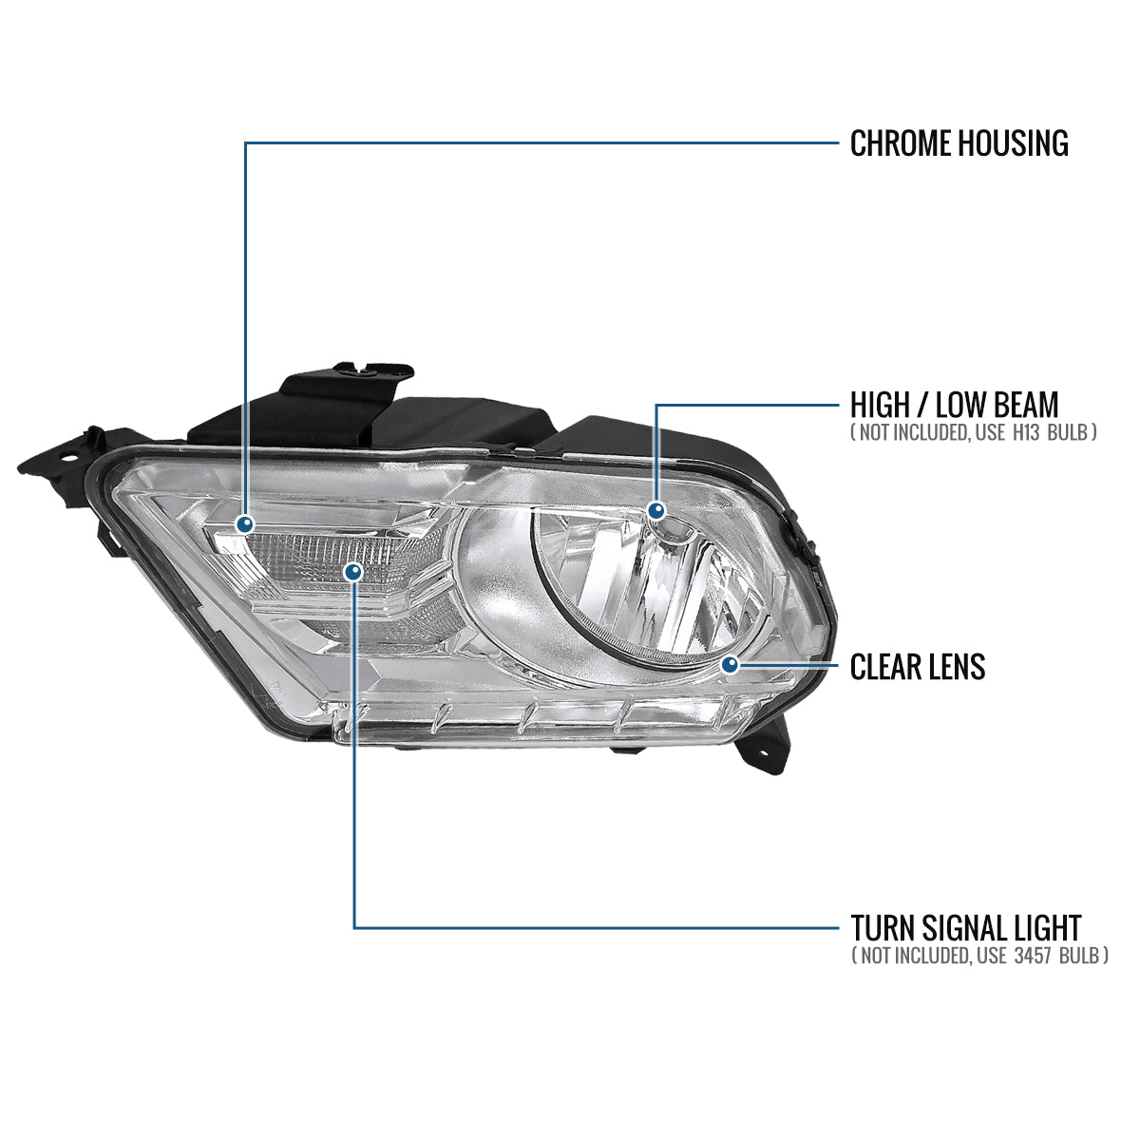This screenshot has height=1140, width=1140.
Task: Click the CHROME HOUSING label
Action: (959, 143)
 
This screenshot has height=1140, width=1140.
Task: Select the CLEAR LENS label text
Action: (917, 667)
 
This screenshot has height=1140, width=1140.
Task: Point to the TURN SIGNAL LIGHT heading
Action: (965, 927)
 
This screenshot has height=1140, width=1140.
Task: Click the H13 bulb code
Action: (1030, 432)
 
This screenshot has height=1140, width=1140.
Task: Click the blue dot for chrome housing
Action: (246, 523)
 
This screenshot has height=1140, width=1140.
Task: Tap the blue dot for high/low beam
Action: (655, 511)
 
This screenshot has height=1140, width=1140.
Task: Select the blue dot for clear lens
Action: (730, 665)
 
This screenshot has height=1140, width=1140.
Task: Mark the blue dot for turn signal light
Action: (353, 570)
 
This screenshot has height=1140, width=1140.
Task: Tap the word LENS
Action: (952, 667)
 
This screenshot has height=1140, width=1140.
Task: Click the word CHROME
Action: (900, 143)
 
